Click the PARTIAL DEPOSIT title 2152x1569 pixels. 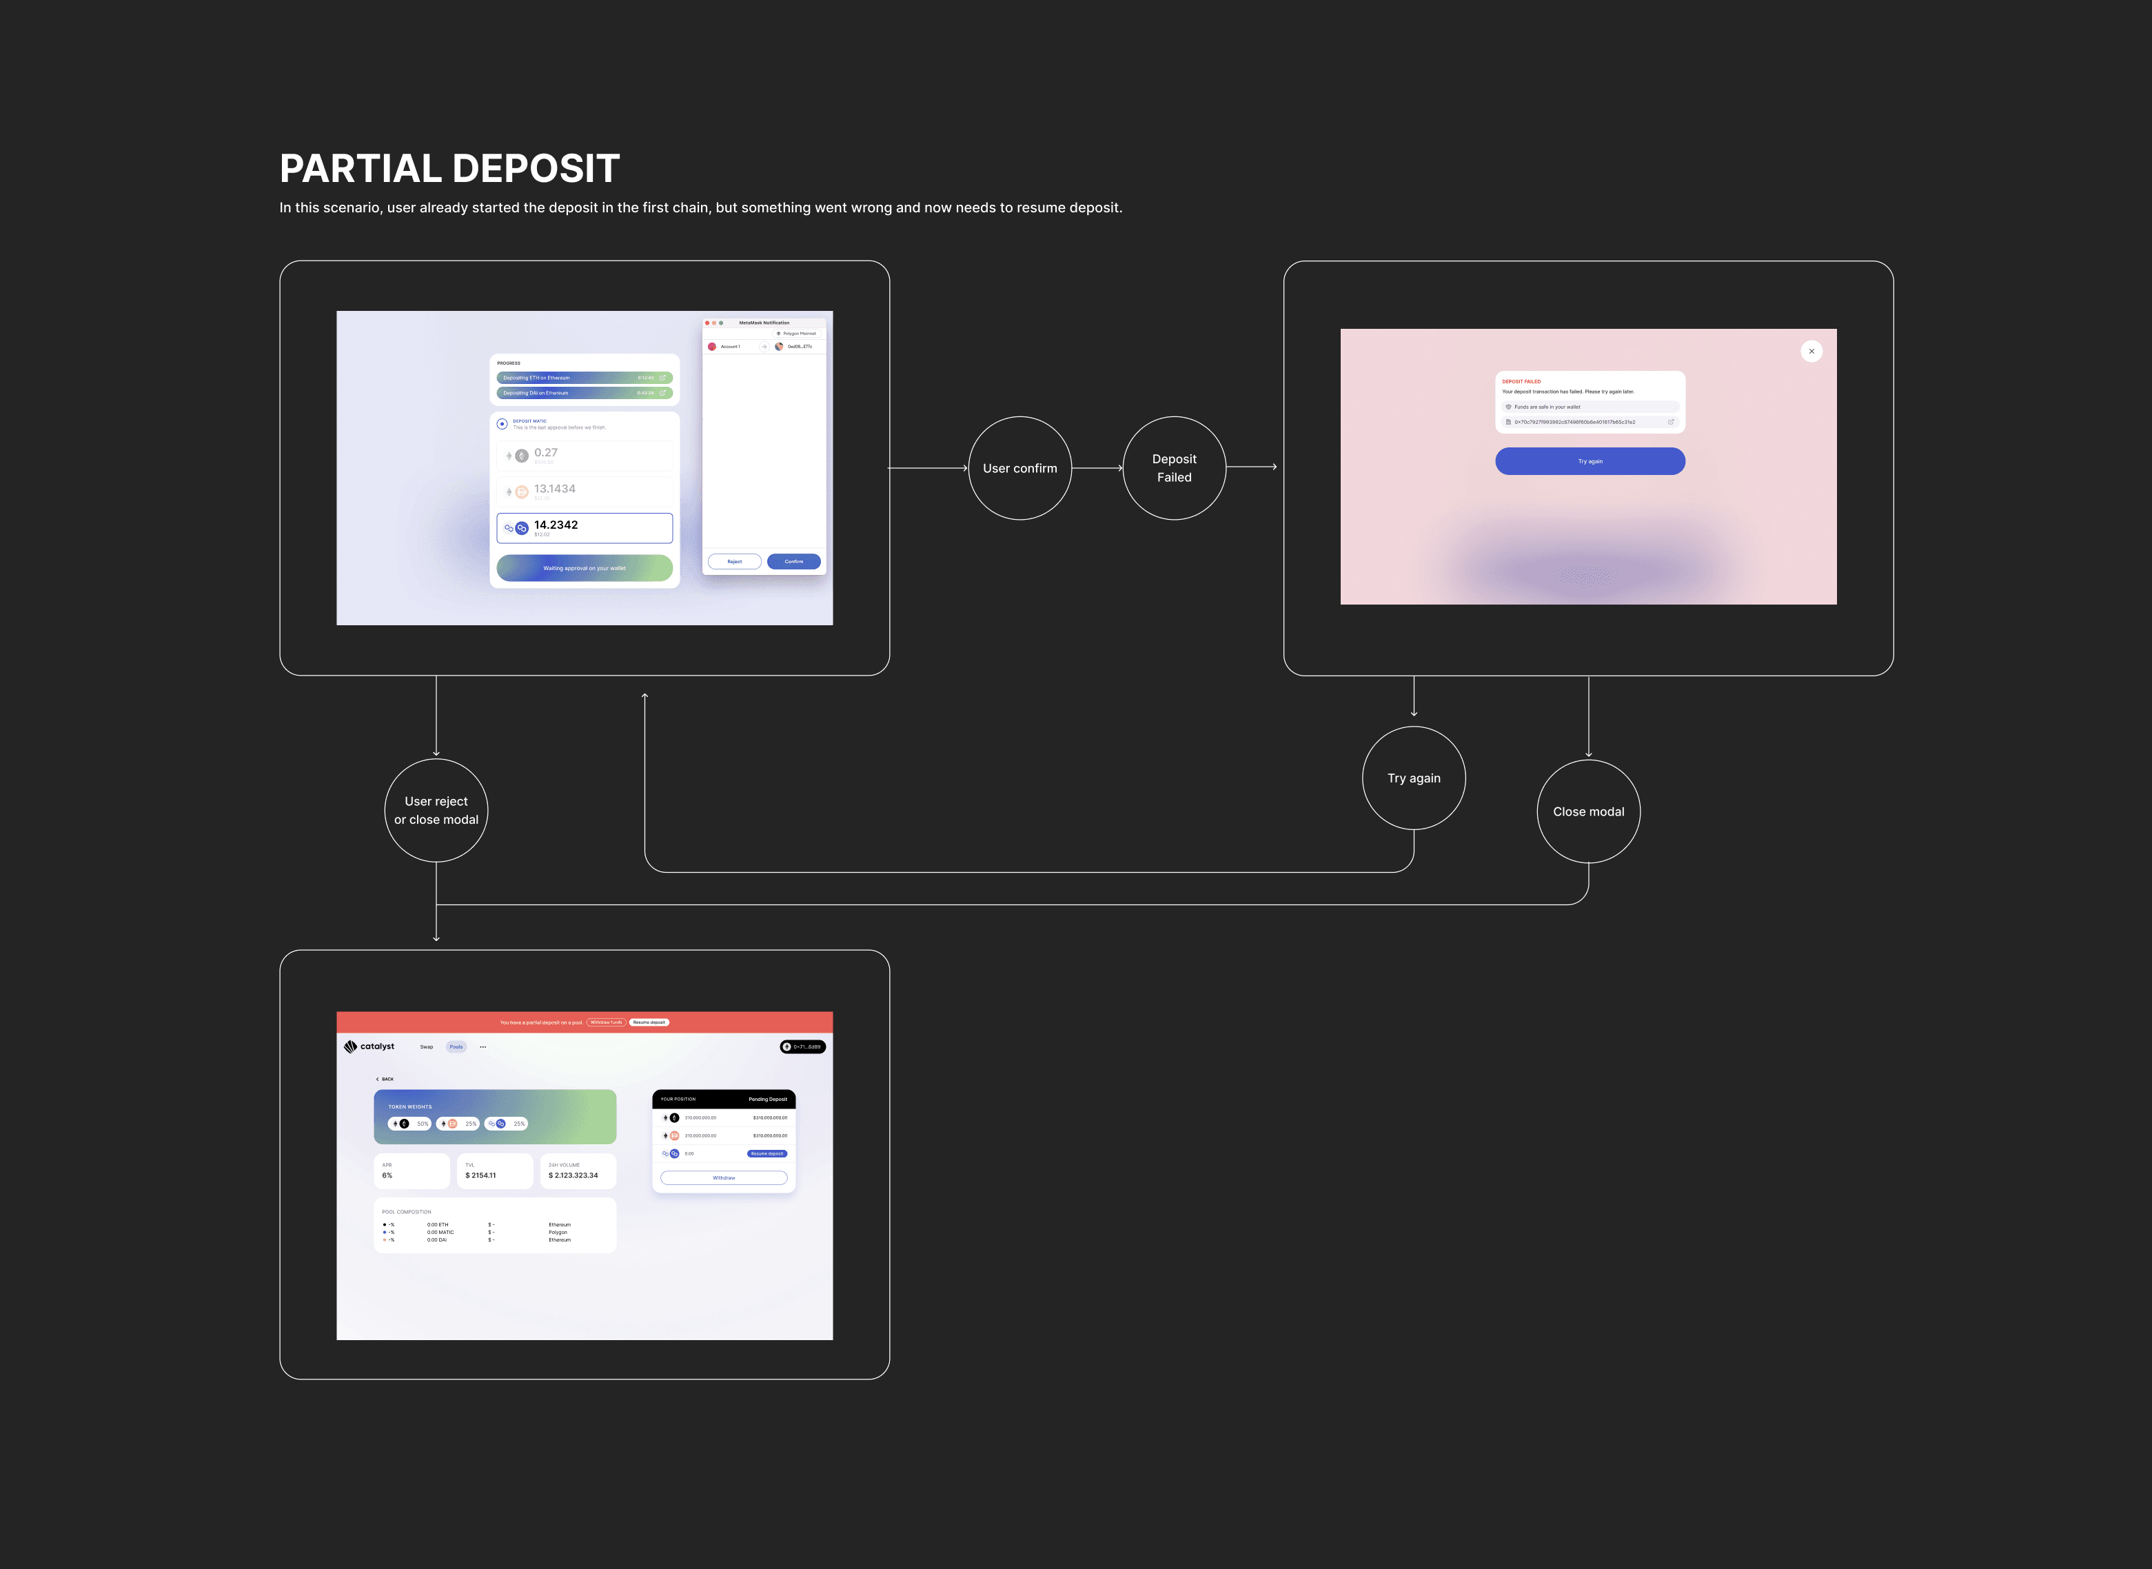coord(449,169)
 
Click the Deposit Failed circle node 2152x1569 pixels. coord(1174,468)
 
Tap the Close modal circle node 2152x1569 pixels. coord(1588,811)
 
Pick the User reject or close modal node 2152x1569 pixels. coord(436,810)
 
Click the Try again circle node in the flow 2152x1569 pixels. coord(1413,778)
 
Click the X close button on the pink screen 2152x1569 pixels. coord(1811,352)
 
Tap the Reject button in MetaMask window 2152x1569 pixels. coord(734,561)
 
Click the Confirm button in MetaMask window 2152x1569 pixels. coord(794,561)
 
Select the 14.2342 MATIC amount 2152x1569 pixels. coord(556,525)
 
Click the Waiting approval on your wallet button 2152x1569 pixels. coord(584,568)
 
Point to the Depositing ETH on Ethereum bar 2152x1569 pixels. coord(584,378)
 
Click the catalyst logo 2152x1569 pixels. coord(369,1046)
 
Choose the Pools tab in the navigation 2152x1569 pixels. coord(456,1046)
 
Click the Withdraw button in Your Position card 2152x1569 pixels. coord(724,1177)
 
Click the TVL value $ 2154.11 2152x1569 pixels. coord(480,1176)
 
